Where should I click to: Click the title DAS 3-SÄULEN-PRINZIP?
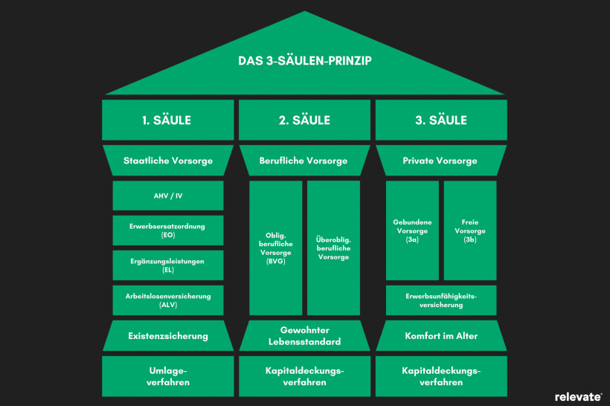coord(305,61)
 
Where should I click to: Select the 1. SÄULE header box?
coord(167,120)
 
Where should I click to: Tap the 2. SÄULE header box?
coord(305,120)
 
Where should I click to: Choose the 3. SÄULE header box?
coord(442,120)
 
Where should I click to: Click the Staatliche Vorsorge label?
coord(167,160)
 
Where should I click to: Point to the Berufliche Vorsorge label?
coord(305,160)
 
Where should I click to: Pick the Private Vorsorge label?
coord(442,160)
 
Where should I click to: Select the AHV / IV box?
coord(167,196)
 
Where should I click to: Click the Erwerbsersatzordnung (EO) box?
coord(167,231)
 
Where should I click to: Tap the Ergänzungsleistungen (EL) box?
coord(167,265)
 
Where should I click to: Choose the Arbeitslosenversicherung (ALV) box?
coord(167,300)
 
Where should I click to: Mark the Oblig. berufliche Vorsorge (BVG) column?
coord(276,248)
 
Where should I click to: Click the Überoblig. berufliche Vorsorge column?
coord(333,248)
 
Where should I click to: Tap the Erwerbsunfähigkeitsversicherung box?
coord(441,300)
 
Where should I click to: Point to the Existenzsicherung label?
coord(167,335)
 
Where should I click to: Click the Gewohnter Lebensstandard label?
coord(305,335)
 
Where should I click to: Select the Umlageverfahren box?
coord(167,376)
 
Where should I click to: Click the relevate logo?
coord(578,396)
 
